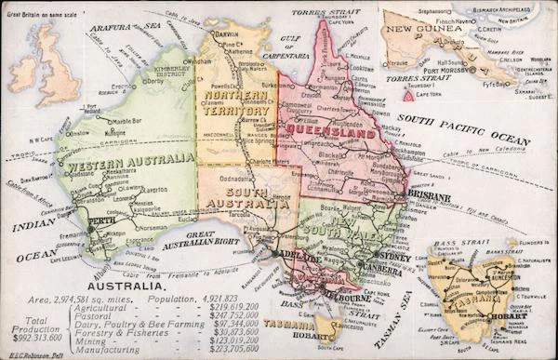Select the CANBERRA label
(383, 271)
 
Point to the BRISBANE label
(428, 198)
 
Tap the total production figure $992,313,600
(28, 340)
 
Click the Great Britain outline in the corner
(41, 66)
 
